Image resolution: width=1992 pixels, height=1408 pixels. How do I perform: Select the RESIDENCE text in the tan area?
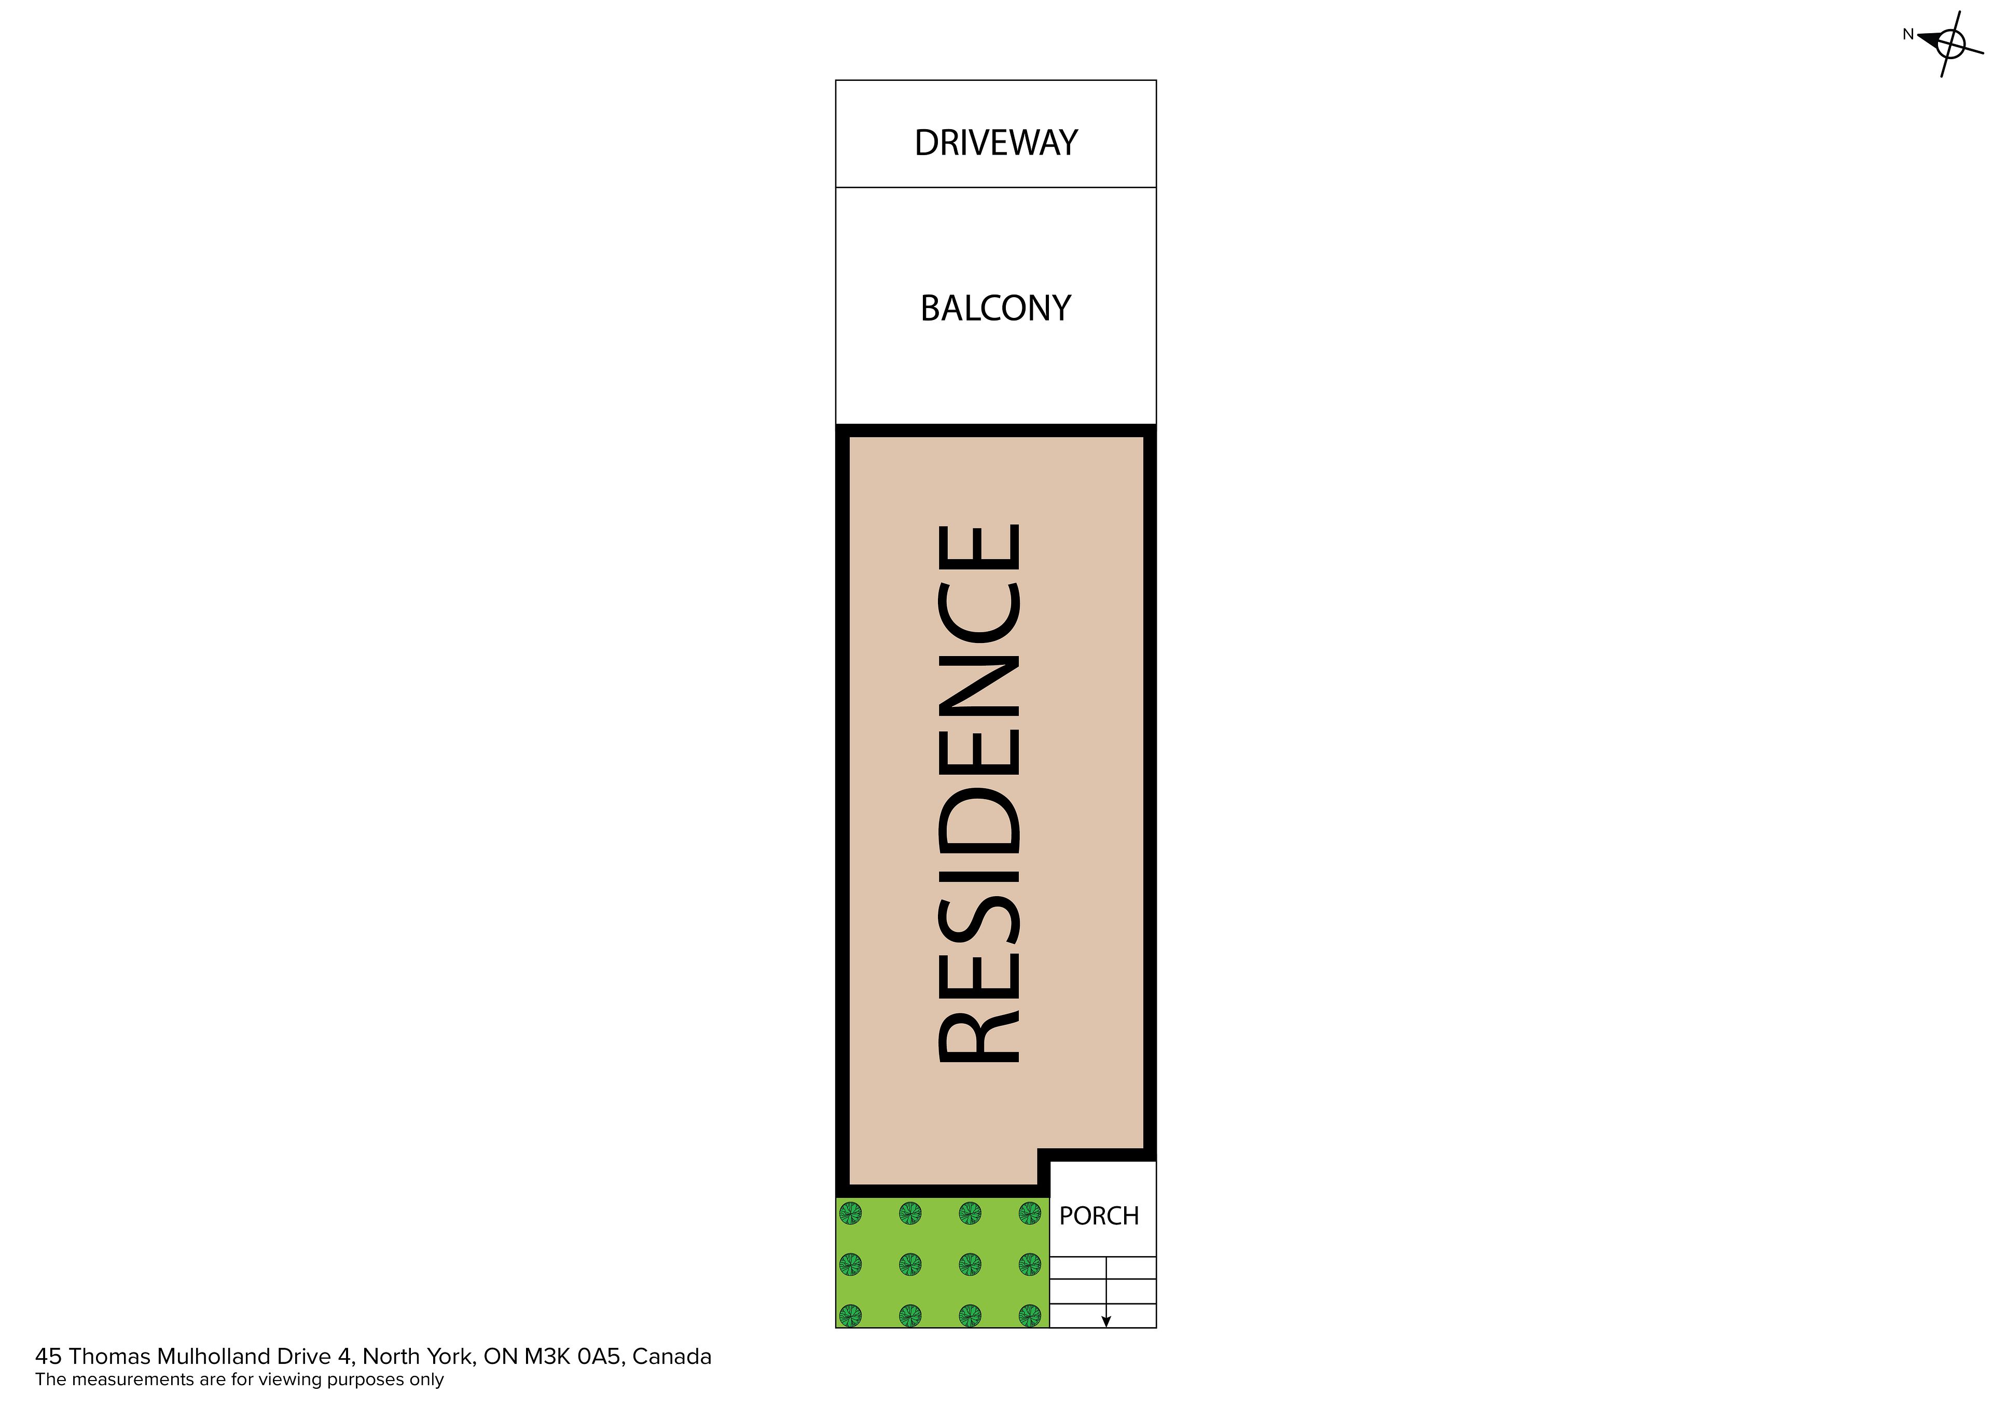click(979, 794)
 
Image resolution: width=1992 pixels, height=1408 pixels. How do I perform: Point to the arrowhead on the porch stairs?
click(1106, 1322)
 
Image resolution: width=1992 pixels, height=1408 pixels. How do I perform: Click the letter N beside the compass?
click(1908, 35)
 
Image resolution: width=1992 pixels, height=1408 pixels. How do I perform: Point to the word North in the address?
click(388, 1357)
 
